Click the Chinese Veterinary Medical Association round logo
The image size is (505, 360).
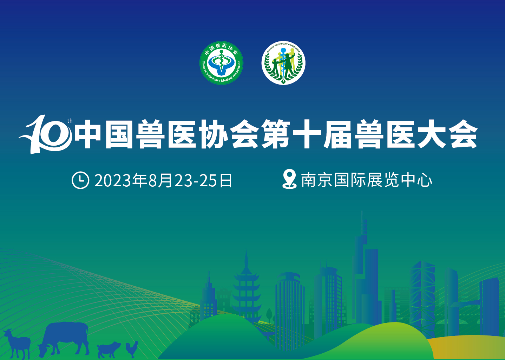[221, 63]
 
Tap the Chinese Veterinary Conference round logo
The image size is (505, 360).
[283, 63]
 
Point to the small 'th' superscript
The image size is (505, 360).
[70, 121]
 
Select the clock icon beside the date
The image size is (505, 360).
[80, 180]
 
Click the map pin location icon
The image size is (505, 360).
[289, 179]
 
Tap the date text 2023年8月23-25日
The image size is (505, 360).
[163, 180]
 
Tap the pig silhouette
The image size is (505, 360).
[109, 349]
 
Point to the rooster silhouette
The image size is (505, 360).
[132, 349]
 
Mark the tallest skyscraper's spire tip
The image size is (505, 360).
[362, 211]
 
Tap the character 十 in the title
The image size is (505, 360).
[307, 134]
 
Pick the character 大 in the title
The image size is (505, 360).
[431, 134]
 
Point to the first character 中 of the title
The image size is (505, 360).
[88, 134]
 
